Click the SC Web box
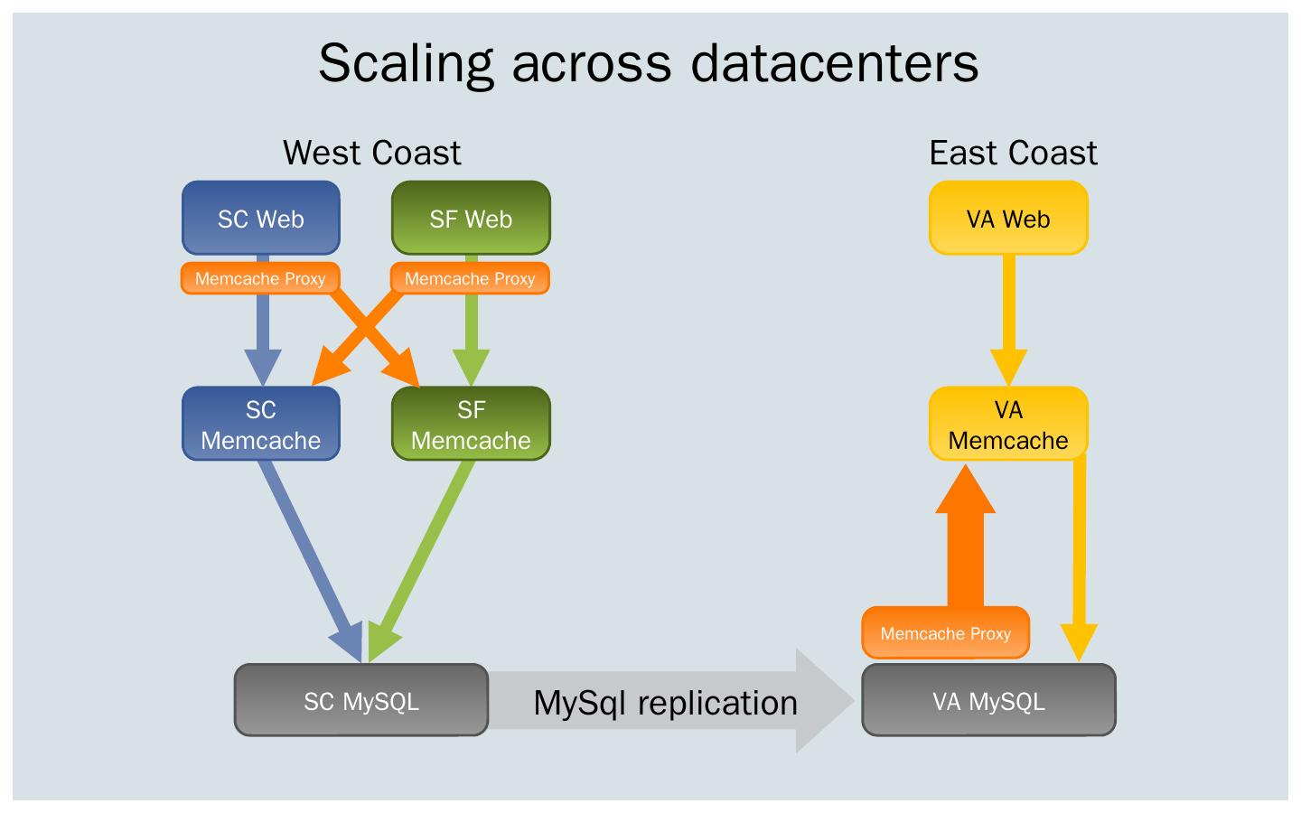click(261, 218)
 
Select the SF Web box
click(471, 218)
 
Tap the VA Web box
click(1008, 218)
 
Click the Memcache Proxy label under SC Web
click(260, 278)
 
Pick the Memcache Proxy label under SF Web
click(470, 278)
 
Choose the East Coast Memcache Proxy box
click(945, 633)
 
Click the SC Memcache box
click(261, 425)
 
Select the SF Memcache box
click(471, 425)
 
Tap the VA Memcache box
click(1008, 425)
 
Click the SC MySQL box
click(361, 701)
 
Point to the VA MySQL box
click(988, 701)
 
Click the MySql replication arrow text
click(666, 702)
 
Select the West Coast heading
click(371, 153)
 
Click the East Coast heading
click(1013, 153)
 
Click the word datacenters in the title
click(835, 63)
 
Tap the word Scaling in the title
click(406, 63)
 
